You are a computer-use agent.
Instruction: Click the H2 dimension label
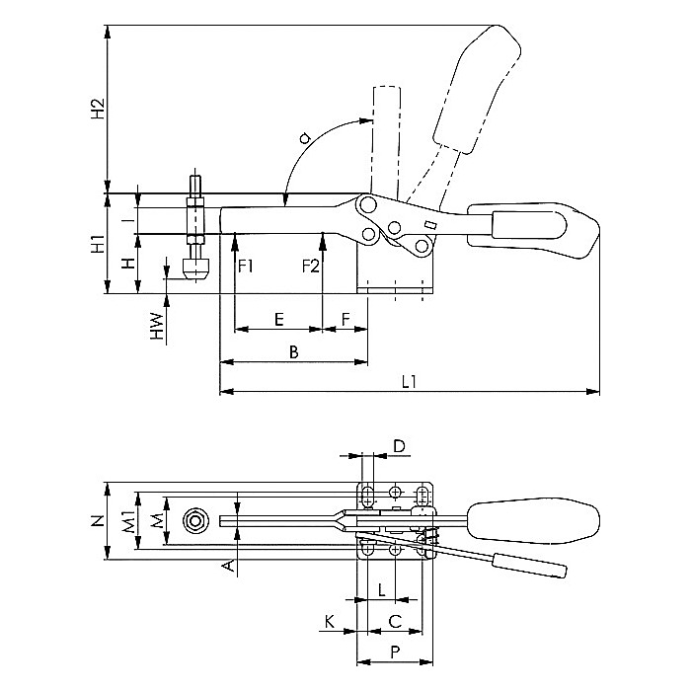(x=97, y=108)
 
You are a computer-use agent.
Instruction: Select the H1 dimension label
(x=97, y=245)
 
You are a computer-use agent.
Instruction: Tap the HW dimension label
(x=156, y=327)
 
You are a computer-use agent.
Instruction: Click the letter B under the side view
(x=292, y=351)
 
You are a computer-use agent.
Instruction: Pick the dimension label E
(x=279, y=319)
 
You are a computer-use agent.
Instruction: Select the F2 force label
(x=310, y=267)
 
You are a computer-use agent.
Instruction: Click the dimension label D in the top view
(x=399, y=447)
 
